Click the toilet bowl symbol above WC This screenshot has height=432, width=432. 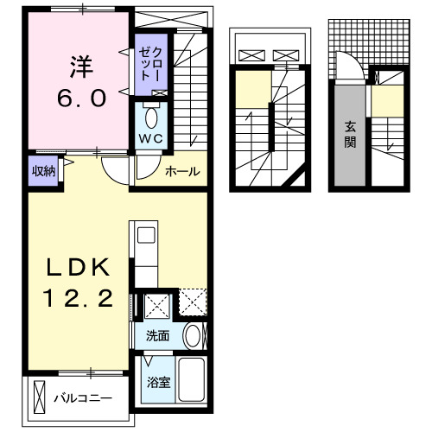(152, 117)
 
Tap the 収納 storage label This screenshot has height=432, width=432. (44, 170)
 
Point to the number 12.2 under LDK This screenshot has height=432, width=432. (77, 300)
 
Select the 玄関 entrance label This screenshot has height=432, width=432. (351, 135)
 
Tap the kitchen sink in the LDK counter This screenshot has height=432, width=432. (143, 235)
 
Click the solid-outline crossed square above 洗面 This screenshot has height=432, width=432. (157, 305)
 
